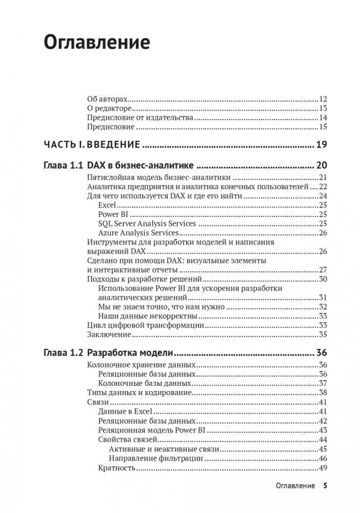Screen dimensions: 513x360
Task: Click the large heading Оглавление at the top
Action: pyautogui.click(x=97, y=43)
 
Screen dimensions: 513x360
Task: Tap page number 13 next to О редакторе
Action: pyautogui.click(x=323, y=109)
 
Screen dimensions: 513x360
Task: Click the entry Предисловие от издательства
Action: pyautogui.click(x=139, y=118)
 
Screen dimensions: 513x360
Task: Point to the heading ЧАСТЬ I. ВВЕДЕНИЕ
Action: pyautogui.click(x=92, y=145)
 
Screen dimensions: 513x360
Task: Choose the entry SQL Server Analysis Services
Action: pyautogui.click(x=147, y=223)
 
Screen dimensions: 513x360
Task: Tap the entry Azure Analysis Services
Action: pyautogui.click(x=138, y=233)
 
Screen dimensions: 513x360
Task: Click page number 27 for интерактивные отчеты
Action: pyautogui.click(x=323, y=270)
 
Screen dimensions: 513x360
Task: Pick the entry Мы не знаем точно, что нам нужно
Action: pyautogui.click(x=161, y=306)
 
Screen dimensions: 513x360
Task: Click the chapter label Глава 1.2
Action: pyautogui.click(x=62, y=353)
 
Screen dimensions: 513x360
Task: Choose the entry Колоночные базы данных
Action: pyautogui.click(x=145, y=383)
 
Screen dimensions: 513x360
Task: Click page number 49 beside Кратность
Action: pyautogui.click(x=323, y=468)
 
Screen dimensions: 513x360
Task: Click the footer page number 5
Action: pyautogui.click(x=325, y=486)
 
